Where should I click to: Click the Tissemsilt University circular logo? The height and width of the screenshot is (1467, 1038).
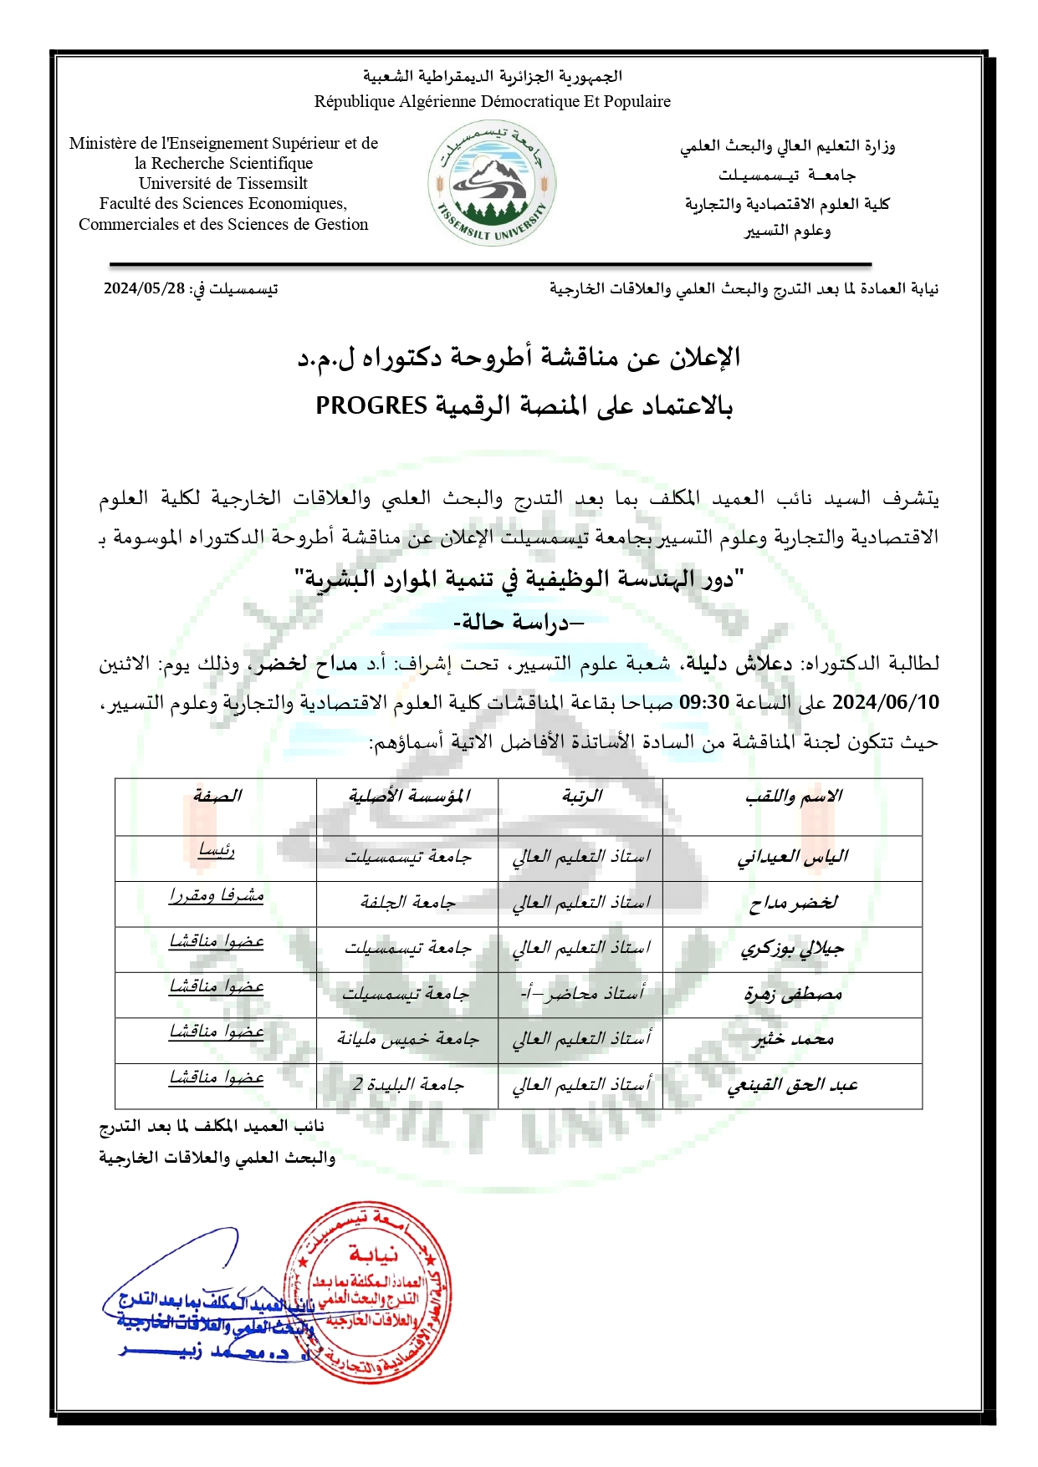tap(492, 183)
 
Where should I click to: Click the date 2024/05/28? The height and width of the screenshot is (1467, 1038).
tap(144, 288)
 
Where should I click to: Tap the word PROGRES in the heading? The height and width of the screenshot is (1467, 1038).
tap(371, 405)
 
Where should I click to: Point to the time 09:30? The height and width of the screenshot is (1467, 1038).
tap(704, 702)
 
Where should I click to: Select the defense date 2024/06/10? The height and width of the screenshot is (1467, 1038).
tap(886, 702)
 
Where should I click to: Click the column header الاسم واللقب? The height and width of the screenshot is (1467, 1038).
tap(793, 796)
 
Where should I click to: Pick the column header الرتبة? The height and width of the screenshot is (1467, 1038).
tap(581, 796)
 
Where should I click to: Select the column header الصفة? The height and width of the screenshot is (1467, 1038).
tap(217, 796)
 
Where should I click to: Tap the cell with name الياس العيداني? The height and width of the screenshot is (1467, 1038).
tap(793, 857)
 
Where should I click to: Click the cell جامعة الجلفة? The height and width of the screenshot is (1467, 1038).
tap(407, 903)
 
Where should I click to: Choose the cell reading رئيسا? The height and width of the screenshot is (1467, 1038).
tap(217, 851)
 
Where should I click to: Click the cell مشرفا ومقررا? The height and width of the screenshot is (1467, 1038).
tap(217, 896)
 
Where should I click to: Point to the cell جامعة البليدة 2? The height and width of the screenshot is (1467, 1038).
tap(407, 1085)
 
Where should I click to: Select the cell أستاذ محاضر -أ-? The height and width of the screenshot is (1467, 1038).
tap(581, 994)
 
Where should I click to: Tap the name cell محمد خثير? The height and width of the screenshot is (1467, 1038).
tap(793, 1040)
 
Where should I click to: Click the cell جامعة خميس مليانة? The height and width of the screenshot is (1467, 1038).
tap(407, 1040)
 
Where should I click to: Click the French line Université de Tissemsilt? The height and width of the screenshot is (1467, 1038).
tap(223, 183)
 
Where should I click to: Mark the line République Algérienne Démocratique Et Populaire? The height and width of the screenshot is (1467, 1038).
tap(492, 102)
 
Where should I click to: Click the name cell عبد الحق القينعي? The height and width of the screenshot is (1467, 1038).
tap(793, 1086)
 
